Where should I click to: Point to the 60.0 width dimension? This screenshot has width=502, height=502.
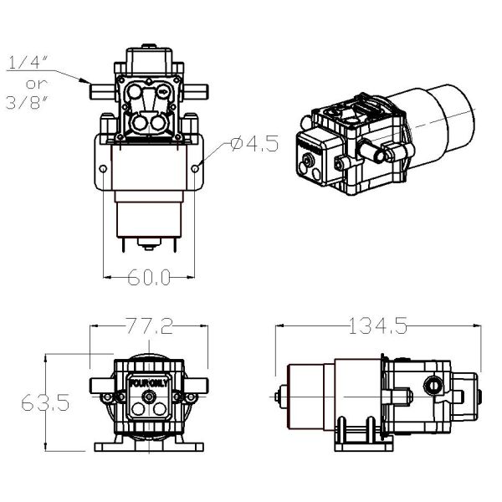tap(150, 277)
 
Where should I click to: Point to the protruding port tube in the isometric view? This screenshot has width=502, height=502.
tap(382, 153)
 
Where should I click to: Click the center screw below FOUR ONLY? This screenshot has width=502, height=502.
tap(148, 412)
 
